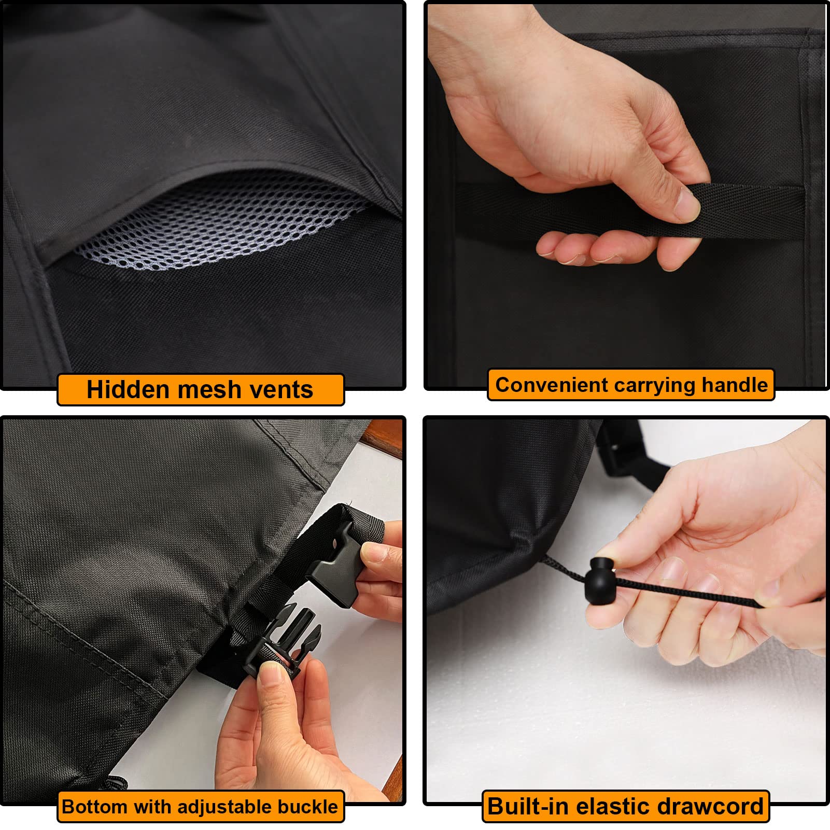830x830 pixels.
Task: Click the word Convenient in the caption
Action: coord(552,385)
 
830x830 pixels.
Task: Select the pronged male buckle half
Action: coord(283,640)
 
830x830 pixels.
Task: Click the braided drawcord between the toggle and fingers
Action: coord(690,590)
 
